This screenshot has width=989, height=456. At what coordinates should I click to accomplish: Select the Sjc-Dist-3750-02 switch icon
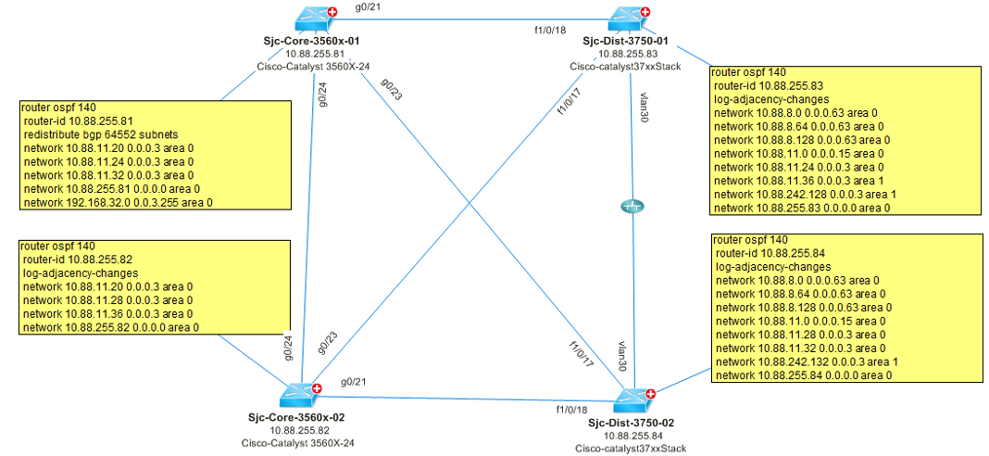[635, 400]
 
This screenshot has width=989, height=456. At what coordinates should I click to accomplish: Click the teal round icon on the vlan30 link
[631, 207]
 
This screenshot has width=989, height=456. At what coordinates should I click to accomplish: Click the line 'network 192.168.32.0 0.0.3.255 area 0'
[121, 200]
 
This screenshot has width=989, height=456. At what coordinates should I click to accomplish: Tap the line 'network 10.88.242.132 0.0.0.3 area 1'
[806, 361]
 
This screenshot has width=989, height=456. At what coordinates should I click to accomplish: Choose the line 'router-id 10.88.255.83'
[770, 85]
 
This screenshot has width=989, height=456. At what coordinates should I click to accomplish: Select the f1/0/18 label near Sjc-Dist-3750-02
[572, 409]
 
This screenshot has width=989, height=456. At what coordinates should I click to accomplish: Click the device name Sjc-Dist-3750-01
[626, 42]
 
